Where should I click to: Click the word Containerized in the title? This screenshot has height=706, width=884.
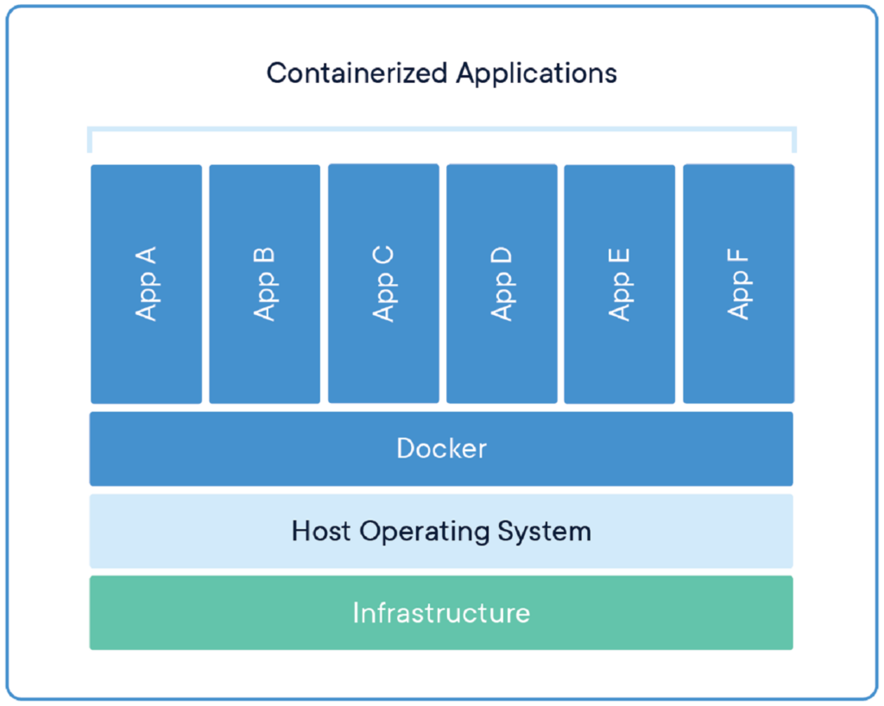click(357, 72)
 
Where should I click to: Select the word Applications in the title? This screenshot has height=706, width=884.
click(537, 72)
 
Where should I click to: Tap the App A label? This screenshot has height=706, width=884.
click(146, 284)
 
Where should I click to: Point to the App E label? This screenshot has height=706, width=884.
click(619, 284)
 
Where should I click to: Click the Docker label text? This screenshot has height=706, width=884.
click(441, 449)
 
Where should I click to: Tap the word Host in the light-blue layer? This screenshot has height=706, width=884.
click(322, 530)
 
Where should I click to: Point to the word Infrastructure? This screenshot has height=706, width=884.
click(441, 613)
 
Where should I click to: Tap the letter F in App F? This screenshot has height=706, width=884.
click(738, 257)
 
